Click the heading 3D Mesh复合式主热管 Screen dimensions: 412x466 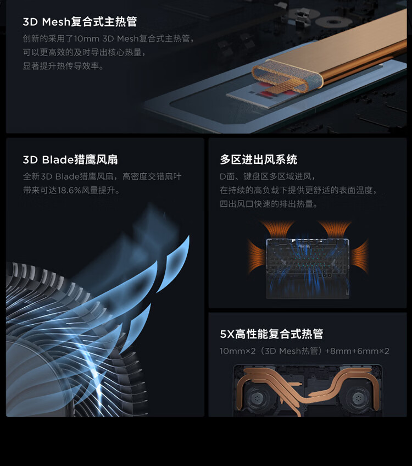(80, 21)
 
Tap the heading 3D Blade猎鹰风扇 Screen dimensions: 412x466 (70, 159)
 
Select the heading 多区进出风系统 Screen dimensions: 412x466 (258, 159)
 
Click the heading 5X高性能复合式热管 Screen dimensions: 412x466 (271, 334)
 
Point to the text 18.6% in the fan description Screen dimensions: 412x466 (69, 190)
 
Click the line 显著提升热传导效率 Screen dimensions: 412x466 (63, 66)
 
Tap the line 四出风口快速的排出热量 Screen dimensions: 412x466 (269, 204)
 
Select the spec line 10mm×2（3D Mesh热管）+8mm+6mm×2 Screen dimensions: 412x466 (304, 351)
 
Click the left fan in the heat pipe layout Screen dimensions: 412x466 (257, 397)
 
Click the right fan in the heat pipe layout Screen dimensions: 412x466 (358, 397)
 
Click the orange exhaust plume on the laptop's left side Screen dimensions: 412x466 (256, 256)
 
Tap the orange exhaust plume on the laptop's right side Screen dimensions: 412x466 (360, 256)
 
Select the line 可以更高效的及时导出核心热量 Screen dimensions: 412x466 (84, 52)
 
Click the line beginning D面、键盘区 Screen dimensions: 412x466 (268, 176)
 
